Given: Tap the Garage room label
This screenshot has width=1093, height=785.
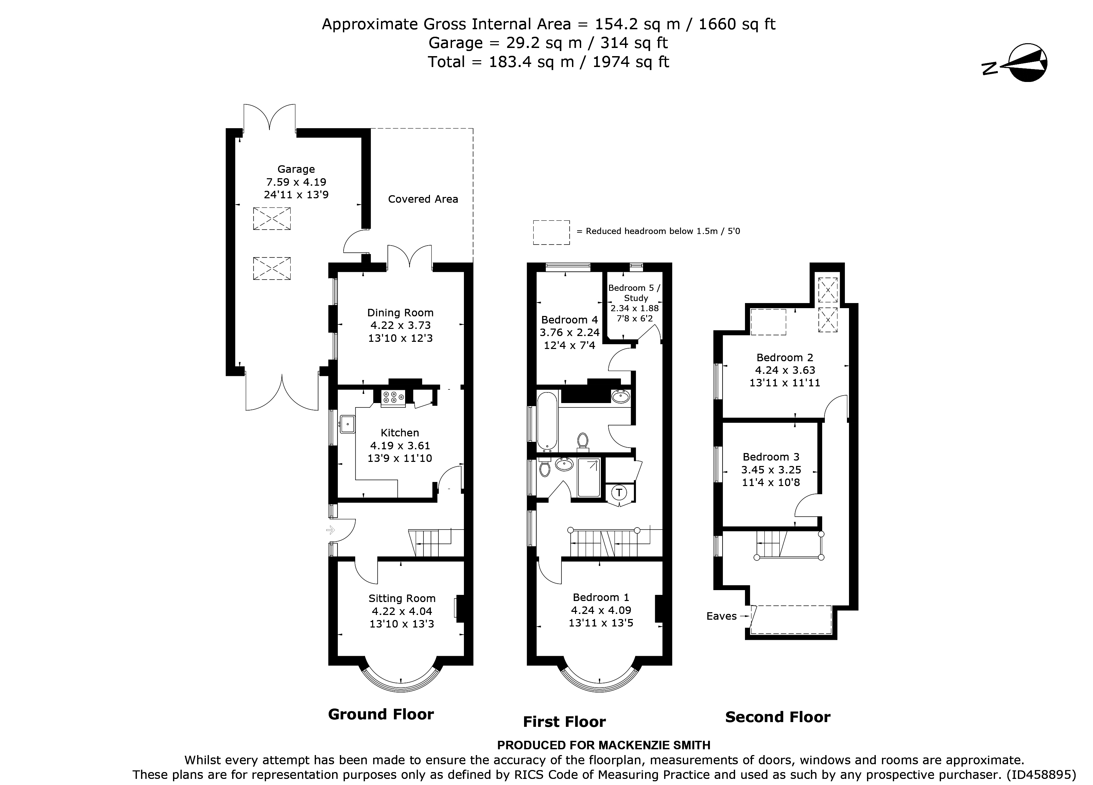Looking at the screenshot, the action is coord(296,169).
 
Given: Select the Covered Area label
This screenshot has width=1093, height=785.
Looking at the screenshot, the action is coord(423,199).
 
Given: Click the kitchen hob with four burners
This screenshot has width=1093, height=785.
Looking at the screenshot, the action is coord(393,397).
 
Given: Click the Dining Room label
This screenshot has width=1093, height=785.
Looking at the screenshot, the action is coord(400,313).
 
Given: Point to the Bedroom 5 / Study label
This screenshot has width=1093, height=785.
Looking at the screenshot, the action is coord(635,293).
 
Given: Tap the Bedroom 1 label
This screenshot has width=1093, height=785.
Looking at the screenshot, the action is coord(601,598).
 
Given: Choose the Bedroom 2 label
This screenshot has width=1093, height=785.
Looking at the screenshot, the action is coord(784,357).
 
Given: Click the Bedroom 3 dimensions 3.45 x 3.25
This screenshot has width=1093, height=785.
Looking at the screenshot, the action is coord(771,470).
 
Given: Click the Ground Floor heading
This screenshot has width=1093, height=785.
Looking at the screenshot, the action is coord(381,714).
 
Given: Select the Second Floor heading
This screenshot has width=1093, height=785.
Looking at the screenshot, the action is coord(777,717).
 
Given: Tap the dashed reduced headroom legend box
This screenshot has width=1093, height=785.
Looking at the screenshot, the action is coord(551,232).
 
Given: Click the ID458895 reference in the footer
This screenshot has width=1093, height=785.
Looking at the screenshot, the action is coord(1041,775).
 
